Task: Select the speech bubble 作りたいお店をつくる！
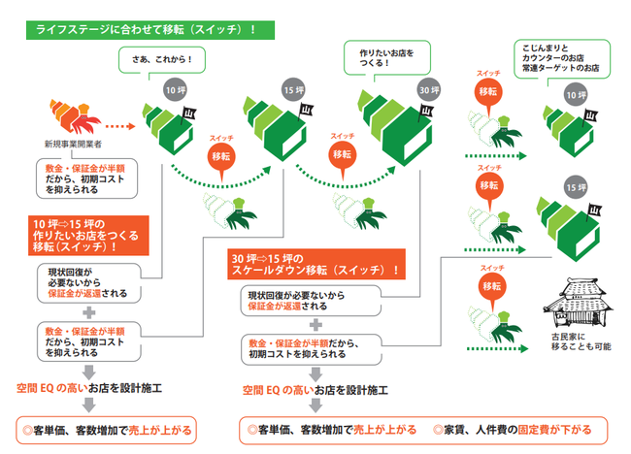(381, 57)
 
